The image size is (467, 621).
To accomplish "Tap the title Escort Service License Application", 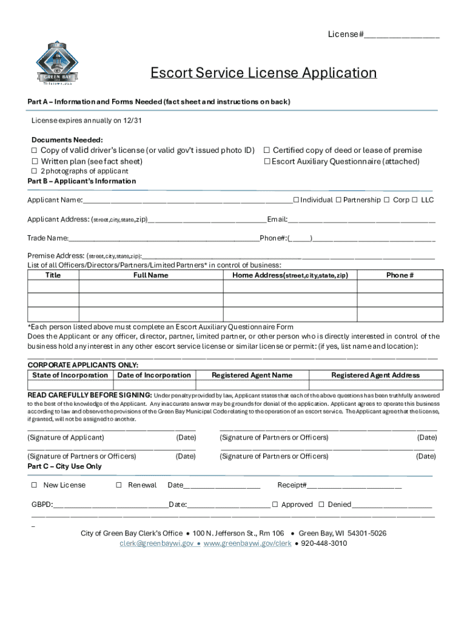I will [x=264, y=73].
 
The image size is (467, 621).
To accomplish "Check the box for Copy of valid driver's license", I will [x=35, y=150].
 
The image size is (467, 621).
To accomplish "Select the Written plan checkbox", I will [x=35, y=161].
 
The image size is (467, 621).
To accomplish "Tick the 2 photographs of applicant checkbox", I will [x=35, y=172].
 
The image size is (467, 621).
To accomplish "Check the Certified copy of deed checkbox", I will [x=266, y=150].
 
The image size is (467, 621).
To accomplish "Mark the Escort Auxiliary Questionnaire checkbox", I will [x=266, y=161].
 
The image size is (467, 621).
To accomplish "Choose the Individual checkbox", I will [x=296, y=200].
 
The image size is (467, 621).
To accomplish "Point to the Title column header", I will [x=53, y=275].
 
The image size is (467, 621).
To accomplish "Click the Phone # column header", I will [x=400, y=275].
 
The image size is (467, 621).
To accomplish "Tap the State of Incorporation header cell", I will [x=70, y=375].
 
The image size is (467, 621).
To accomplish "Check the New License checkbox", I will [x=35, y=485].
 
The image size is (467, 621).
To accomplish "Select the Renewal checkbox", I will [x=119, y=485].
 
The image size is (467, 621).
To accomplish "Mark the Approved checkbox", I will [x=275, y=505].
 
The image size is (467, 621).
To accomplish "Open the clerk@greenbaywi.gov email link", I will [x=156, y=543].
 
